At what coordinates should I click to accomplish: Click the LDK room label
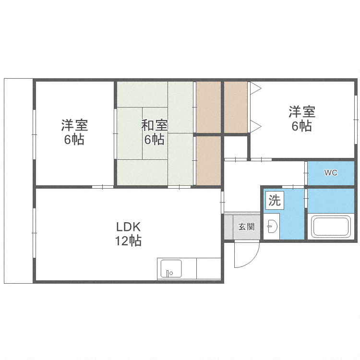pyautogui.click(x=128, y=227)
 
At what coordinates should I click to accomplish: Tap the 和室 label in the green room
pyautogui.click(x=154, y=126)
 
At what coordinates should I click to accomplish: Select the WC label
pyautogui.click(x=331, y=173)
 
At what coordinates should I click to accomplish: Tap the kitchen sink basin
pyautogui.click(x=170, y=268)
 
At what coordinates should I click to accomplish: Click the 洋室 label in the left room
pyautogui.click(x=74, y=126)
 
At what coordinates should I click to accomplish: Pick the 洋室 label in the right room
pyautogui.click(x=301, y=112)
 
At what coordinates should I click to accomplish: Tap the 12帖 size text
pyautogui.click(x=128, y=241)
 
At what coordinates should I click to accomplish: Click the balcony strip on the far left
pyautogui.click(x=18, y=180)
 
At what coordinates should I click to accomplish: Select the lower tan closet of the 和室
pyautogui.click(x=208, y=160)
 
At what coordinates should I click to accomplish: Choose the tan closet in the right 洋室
pyautogui.click(x=235, y=107)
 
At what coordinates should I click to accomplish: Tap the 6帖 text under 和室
pyautogui.click(x=154, y=140)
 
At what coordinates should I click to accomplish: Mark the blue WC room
pyautogui.click(x=331, y=173)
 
